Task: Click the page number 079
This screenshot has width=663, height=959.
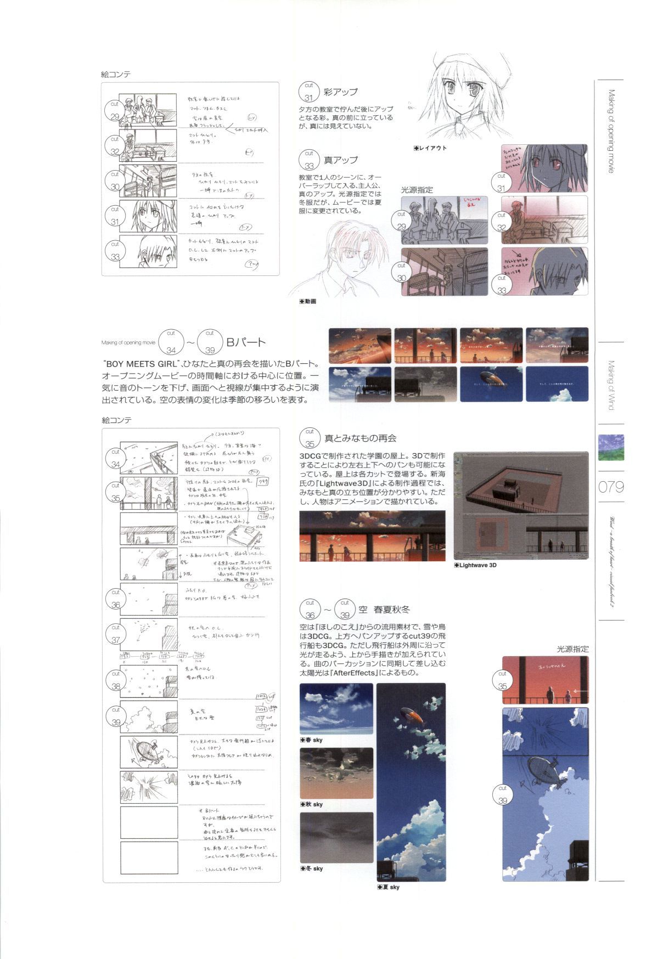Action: click(x=610, y=487)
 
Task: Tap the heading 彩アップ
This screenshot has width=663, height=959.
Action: click(x=340, y=92)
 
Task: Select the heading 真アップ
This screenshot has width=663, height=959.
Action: click(x=340, y=160)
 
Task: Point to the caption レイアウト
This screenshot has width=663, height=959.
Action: click(x=431, y=148)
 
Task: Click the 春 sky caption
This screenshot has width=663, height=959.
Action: click(x=311, y=740)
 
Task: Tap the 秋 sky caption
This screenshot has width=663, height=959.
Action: click(x=311, y=804)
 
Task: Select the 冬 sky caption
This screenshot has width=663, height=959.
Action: click(x=311, y=868)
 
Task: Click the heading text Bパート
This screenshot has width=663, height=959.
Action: click(x=246, y=343)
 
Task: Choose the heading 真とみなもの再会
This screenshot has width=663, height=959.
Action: click(x=360, y=438)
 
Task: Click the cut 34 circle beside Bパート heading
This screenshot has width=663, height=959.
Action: click(x=171, y=342)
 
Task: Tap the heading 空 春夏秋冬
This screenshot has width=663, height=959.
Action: click(x=384, y=610)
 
